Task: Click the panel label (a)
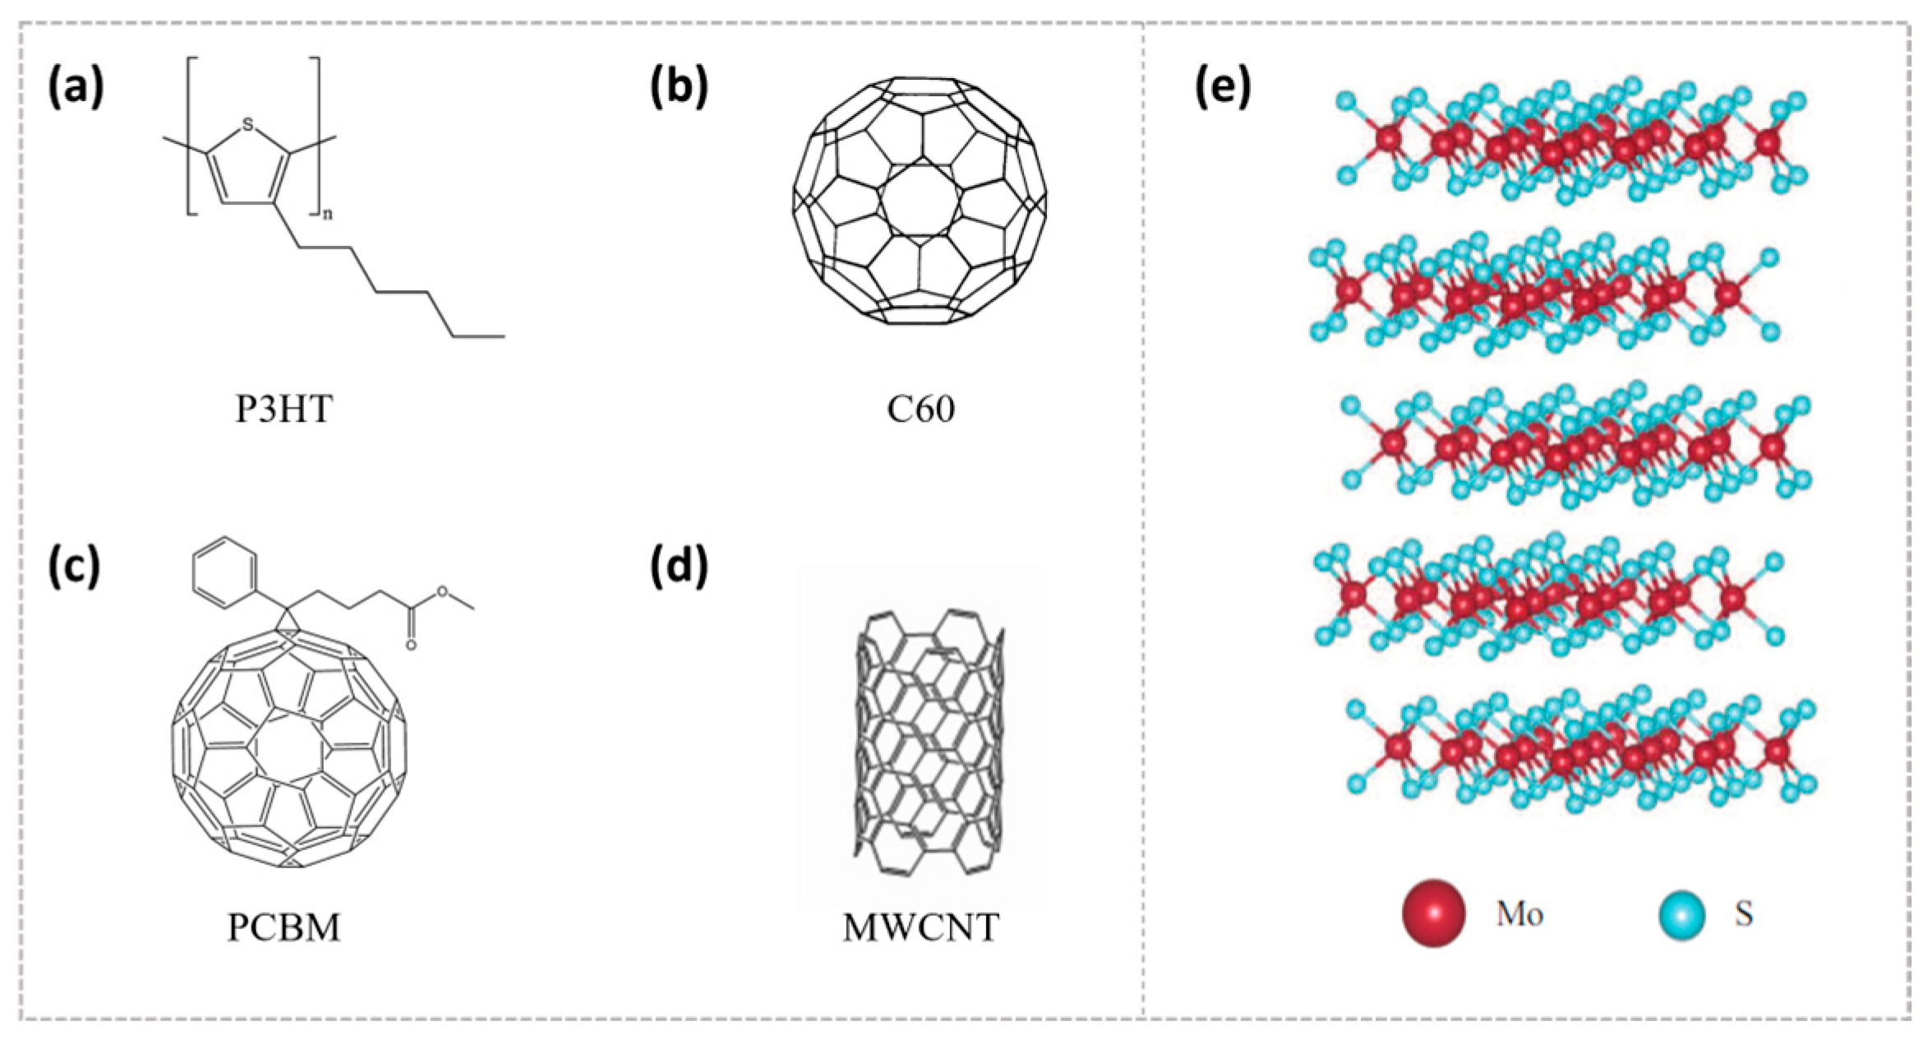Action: pyautogui.click(x=76, y=88)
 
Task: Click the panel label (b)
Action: pyautogui.click(x=679, y=88)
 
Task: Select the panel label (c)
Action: pyautogui.click(x=75, y=568)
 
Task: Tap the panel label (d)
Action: pyautogui.click(x=679, y=568)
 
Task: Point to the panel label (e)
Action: pyautogui.click(x=1223, y=88)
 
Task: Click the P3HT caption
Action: pyautogui.click(x=284, y=409)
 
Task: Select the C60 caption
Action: pyautogui.click(x=920, y=409)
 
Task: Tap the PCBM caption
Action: pyautogui.click(x=284, y=927)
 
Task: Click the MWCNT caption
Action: pyautogui.click(x=920, y=927)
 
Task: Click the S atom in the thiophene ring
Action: pyautogui.click(x=248, y=126)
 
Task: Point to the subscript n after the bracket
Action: pyautogui.click(x=326, y=215)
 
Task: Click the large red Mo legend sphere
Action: pyautogui.click(x=1434, y=913)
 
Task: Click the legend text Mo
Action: pyautogui.click(x=1519, y=913)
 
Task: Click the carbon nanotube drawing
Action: pyautogui.click(x=929, y=740)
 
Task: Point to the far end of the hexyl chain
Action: pyautogui.click(x=503, y=336)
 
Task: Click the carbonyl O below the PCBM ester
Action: pyautogui.click(x=411, y=645)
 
